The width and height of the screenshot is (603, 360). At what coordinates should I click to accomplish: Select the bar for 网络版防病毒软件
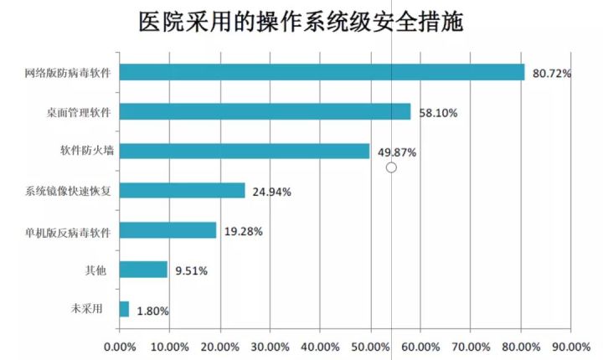[x=322, y=72]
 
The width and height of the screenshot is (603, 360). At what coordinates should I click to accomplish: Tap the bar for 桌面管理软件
[x=265, y=111]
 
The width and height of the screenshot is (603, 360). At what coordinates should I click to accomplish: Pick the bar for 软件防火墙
[x=245, y=151]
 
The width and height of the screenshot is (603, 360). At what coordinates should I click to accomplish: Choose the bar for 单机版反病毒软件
[x=167, y=230]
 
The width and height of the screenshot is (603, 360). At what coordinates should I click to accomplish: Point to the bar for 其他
[x=143, y=270]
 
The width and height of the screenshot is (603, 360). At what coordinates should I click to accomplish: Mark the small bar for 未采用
[x=124, y=309]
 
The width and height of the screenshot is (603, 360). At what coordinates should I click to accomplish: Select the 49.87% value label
[x=397, y=152]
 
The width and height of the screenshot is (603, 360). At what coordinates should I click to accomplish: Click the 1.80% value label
[x=152, y=311]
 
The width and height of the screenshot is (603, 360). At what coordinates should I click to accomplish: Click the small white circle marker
[x=390, y=167]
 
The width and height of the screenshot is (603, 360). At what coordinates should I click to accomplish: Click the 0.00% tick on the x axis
[x=119, y=346]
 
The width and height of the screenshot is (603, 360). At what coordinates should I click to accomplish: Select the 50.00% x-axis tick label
[x=370, y=346]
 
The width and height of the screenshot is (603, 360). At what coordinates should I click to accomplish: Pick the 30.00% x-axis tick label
[x=270, y=346]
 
